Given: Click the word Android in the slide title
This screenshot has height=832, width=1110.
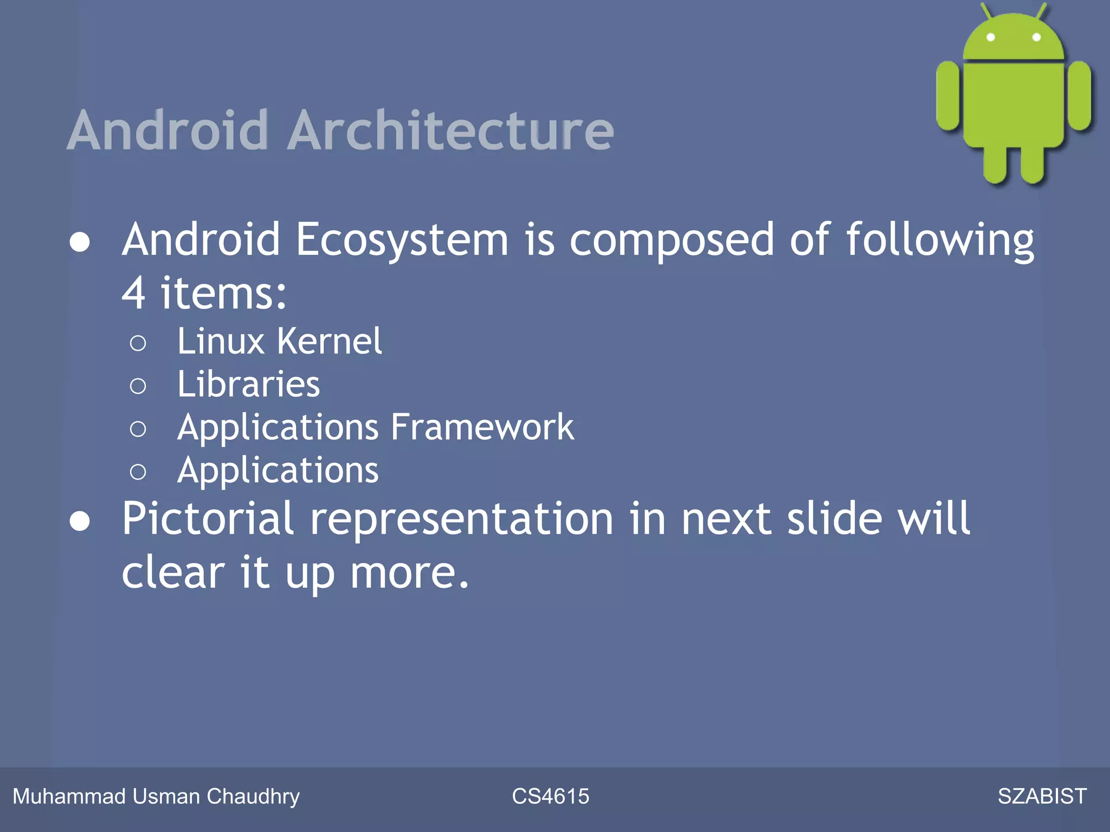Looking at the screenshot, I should (168, 131).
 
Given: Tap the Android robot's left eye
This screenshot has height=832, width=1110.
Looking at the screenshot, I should (991, 37).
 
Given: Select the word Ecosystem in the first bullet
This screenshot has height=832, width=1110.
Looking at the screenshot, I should (402, 240).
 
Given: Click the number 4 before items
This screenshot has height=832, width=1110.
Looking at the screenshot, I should (133, 293).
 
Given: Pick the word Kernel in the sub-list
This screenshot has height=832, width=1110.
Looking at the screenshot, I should (329, 342).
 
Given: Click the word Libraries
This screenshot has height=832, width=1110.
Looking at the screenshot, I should (249, 385).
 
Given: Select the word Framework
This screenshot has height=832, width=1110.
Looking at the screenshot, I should (482, 427).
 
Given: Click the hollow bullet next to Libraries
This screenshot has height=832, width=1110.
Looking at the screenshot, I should (138, 386).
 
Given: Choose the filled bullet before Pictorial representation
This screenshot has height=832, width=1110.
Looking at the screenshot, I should (80, 521).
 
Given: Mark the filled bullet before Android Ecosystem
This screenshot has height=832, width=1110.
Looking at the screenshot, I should (80, 242).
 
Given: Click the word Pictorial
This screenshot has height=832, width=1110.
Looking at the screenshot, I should (208, 519).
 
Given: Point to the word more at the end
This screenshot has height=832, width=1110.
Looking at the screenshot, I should (409, 573).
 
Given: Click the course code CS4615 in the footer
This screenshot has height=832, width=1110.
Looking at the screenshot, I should (550, 796).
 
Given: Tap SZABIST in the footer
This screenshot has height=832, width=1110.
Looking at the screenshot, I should (1042, 796).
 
